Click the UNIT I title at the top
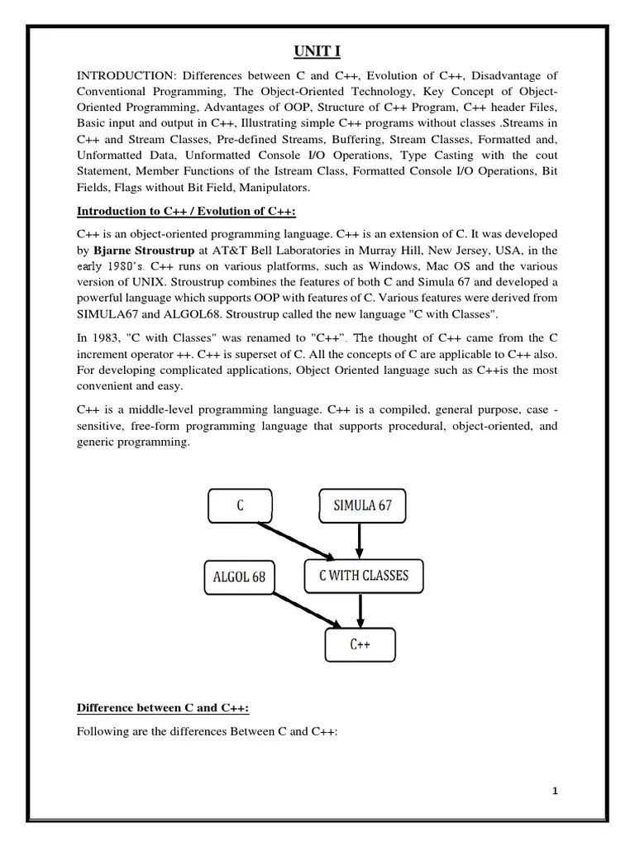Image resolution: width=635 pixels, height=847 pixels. point(317,52)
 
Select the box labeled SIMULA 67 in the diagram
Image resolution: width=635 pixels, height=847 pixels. point(362,506)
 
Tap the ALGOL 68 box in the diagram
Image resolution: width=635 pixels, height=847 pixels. point(239,577)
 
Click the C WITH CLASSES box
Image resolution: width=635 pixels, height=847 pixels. point(363,576)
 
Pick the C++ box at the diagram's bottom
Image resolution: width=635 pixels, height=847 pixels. point(359,645)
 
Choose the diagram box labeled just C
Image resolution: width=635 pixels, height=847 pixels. point(240,506)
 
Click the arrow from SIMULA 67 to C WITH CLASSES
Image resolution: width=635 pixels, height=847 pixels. point(359,540)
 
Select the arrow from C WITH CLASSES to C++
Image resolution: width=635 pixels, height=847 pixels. point(359,610)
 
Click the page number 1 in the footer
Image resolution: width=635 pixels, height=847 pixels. point(556,792)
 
